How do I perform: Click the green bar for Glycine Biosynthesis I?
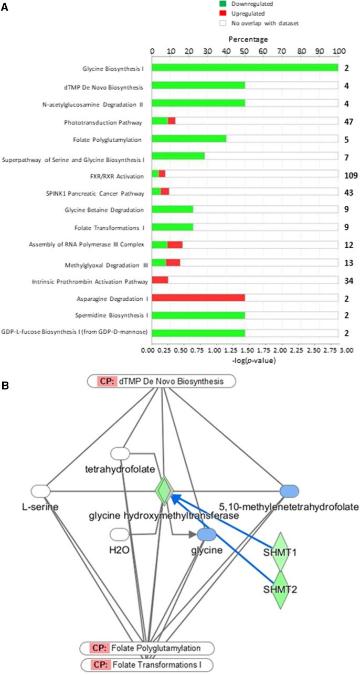coord(245,68)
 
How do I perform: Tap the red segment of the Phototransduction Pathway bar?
coord(172,121)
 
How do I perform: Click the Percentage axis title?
coord(245,39)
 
